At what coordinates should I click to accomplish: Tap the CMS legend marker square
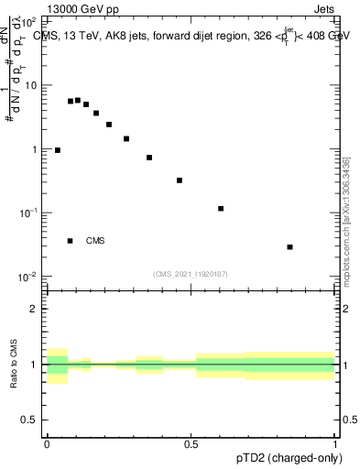coord(71,241)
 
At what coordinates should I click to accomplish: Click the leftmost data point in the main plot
coord(58,150)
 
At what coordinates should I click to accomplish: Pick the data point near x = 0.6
coord(221,209)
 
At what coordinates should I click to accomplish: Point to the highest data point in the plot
coord(78,100)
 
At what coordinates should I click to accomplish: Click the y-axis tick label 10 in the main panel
coord(30,85)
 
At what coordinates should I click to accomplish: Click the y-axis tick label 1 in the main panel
coord(35,149)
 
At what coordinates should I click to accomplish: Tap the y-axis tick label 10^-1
coord(29,213)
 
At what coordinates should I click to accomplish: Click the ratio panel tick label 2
coord(35,309)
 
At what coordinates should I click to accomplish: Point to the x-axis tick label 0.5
coord(191,443)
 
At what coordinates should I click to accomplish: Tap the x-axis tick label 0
coord(47,443)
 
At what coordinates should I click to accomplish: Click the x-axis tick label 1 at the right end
coord(335,443)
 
